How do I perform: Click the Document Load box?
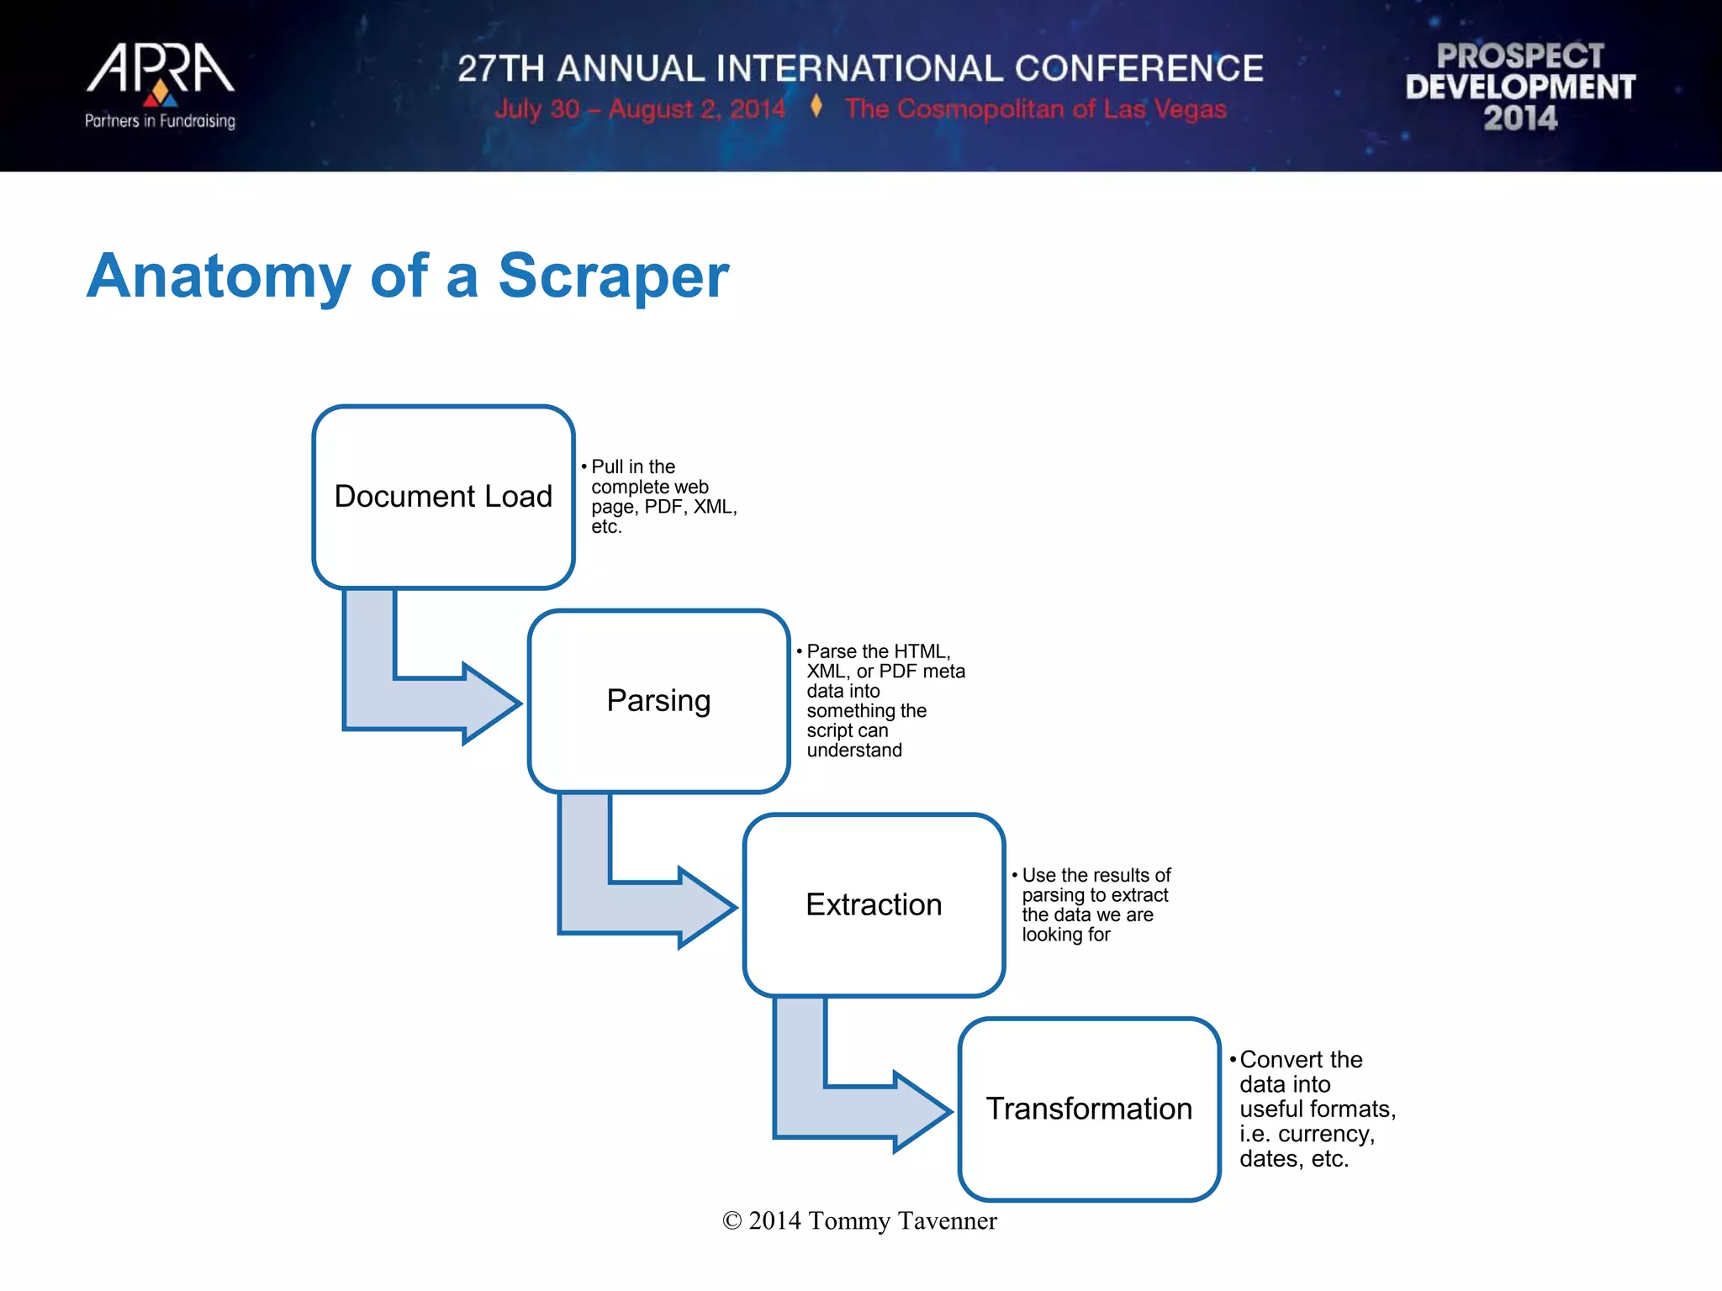click(443, 497)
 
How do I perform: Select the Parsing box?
click(658, 701)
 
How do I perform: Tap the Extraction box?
click(874, 905)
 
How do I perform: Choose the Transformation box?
click(1089, 1109)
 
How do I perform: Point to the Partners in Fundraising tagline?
click(160, 121)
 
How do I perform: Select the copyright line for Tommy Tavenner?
click(859, 1221)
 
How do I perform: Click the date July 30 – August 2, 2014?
click(640, 109)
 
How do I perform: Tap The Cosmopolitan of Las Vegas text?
click(1035, 109)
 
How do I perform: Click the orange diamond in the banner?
click(816, 107)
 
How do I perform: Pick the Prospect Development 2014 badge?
click(1520, 87)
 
